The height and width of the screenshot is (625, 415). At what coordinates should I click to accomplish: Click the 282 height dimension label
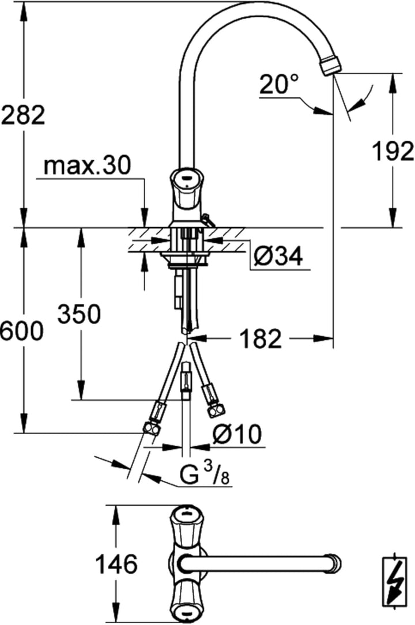tap(23, 115)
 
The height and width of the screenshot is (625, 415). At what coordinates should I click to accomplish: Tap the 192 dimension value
tap(393, 152)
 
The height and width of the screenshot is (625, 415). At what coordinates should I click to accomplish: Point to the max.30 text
tap(86, 166)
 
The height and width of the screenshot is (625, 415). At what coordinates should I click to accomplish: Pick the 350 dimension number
tap(80, 314)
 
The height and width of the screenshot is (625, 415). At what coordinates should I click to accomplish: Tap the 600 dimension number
tap(21, 330)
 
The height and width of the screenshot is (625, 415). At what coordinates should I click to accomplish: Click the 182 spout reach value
tap(261, 339)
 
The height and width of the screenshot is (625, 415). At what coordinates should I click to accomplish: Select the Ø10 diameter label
tap(237, 434)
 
